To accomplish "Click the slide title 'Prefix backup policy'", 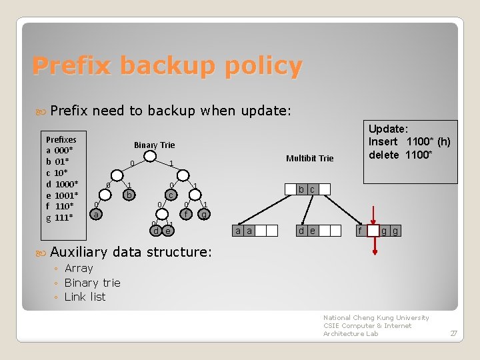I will [x=167, y=66].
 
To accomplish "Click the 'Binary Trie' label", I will [x=154, y=145].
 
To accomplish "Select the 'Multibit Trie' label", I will [x=309, y=158].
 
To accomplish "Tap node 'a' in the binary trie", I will [x=97, y=215].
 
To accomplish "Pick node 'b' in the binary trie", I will [x=130, y=195].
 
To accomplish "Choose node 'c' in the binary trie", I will [x=171, y=195].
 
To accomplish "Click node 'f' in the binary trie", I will [x=187, y=215].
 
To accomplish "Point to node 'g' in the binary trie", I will [x=205, y=215].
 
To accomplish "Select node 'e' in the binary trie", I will [x=168, y=231].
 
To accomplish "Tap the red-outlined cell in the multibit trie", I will [x=373, y=231].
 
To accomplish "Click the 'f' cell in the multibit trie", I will [x=361, y=231].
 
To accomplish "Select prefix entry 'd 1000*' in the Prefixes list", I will [x=62, y=184].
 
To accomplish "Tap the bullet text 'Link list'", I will [x=85, y=297].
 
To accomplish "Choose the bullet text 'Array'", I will [x=79, y=268].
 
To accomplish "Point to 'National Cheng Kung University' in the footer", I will [x=376, y=317].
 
